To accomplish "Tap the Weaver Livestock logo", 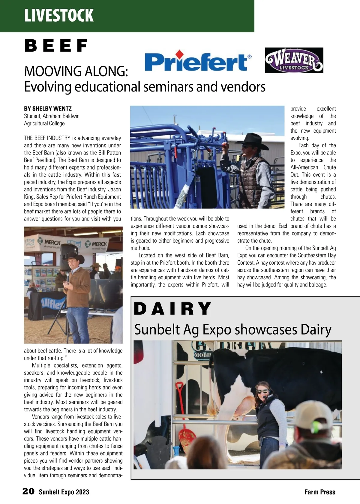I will tap(294, 60).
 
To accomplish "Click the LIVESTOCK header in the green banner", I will tap(59, 16).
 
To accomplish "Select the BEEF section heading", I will tap(56, 46).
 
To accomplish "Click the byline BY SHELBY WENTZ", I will tap(48, 109).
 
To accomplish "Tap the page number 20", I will tap(28, 491).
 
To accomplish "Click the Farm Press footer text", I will tap(319, 492).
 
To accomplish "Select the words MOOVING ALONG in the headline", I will tap(76, 71).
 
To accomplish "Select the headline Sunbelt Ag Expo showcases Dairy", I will tap(232, 329).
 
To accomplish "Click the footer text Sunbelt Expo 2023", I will tap(64, 492).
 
